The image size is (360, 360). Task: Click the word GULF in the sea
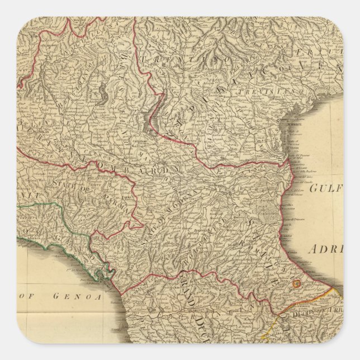(324, 188)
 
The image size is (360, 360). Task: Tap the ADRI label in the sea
(326, 250)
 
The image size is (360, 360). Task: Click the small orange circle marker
(297, 284)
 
